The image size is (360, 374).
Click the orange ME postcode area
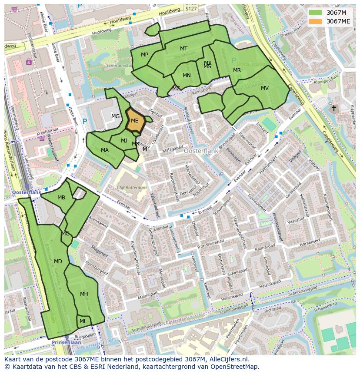coord(135,121)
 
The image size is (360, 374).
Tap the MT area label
coord(184,49)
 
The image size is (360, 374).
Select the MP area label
coord(145,55)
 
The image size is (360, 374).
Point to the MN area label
coord(187,76)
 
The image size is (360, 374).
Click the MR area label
coord(237,70)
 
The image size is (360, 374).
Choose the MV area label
coord(265,88)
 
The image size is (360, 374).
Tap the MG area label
coord(115,116)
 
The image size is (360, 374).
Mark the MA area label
coord(105,150)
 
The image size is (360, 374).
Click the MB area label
coord(61,198)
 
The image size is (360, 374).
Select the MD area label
coord(58,261)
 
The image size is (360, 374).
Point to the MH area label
coord(84,294)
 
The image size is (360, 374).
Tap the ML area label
coord(83,321)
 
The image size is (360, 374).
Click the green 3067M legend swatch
coord(316,13)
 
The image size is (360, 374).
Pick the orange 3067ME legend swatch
coord(316,21)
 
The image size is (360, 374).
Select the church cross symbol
coord(333,108)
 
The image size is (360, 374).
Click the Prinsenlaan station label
coord(64,342)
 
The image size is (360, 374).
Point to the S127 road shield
coord(190,7)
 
